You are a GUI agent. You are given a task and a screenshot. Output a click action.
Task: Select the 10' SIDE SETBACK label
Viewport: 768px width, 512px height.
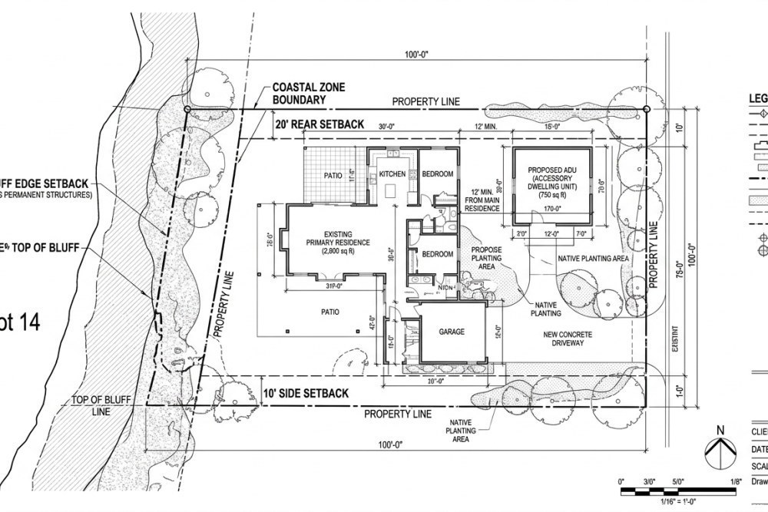point(305,394)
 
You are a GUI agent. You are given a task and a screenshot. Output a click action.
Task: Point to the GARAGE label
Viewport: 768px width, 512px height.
point(452,332)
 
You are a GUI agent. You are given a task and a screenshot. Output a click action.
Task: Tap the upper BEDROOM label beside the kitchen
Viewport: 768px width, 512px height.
point(438,175)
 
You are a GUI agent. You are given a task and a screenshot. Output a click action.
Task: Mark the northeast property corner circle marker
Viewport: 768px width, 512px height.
point(647,110)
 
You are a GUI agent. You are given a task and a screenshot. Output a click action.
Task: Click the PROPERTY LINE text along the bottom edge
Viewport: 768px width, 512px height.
point(398,415)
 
